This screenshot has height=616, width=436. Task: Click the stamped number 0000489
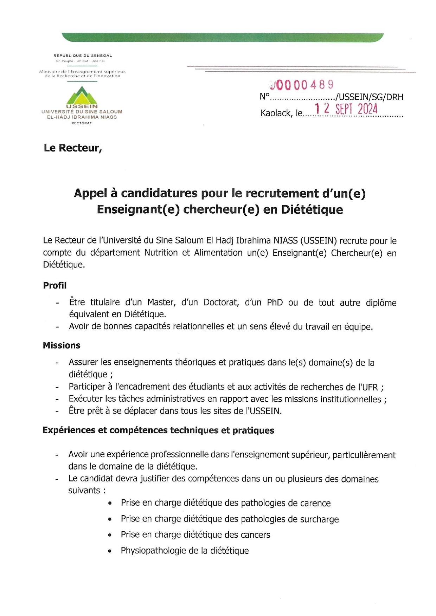pos(302,85)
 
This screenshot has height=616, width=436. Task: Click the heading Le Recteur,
pos(73,148)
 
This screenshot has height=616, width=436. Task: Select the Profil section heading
pos(54,285)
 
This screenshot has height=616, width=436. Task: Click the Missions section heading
pos(62,345)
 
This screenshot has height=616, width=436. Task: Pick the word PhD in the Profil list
pos(275,303)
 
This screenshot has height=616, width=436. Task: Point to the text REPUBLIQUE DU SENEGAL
pos(83,56)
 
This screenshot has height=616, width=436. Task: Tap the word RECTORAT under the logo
pos(82,123)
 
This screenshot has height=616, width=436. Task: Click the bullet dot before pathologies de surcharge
pos(110,519)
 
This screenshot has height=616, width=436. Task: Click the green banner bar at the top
pos(223,37)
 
